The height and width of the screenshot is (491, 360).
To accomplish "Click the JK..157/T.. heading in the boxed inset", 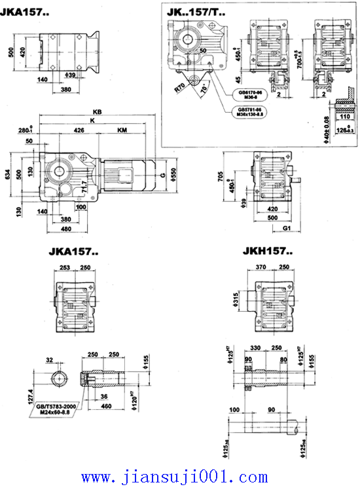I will click(x=195, y=10).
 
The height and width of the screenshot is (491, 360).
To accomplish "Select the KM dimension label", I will click(x=122, y=130).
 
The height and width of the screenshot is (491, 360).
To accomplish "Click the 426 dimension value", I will click(x=79, y=130).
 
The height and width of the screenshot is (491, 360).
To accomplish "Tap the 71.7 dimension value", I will click(x=84, y=191).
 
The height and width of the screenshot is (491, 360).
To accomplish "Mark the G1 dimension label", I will click(x=286, y=228).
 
